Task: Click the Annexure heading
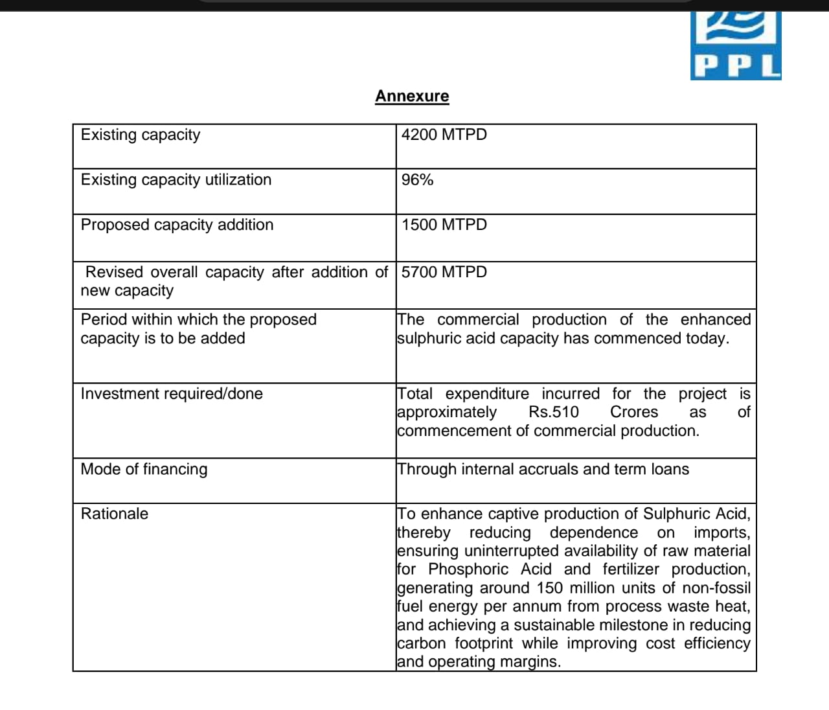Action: click(x=412, y=97)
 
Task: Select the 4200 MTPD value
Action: click(x=444, y=135)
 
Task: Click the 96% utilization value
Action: click(x=417, y=180)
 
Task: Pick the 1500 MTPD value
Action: click(x=444, y=225)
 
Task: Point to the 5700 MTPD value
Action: click(x=444, y=272)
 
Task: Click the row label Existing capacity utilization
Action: click(x=176, y=180)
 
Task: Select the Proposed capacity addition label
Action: click(x=177, y=225)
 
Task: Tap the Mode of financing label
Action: click(x=144, y=469)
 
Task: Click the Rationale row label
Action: click(x=114, y=514)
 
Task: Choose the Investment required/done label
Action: click(x=172, y=394)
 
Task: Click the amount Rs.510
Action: click(x=554, y=412)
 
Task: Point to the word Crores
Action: click(x=633, y=412)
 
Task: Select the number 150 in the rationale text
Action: click(x=549, y=588)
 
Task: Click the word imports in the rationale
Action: click(x=721, y=532)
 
